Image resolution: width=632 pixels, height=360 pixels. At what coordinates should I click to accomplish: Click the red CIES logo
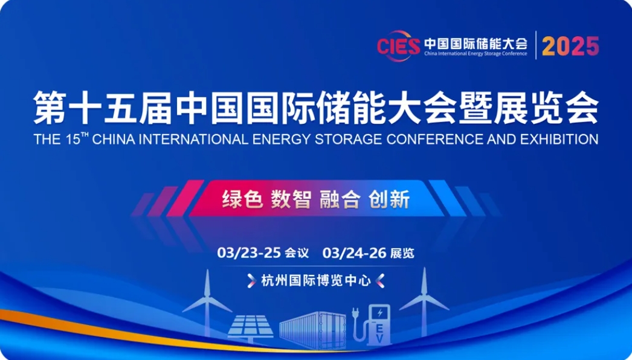(x=398, y=46)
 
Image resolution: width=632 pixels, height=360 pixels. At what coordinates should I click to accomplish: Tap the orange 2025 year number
(x=570, y=46)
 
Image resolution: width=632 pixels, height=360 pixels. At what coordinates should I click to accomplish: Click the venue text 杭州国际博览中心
(x=315, y=281)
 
